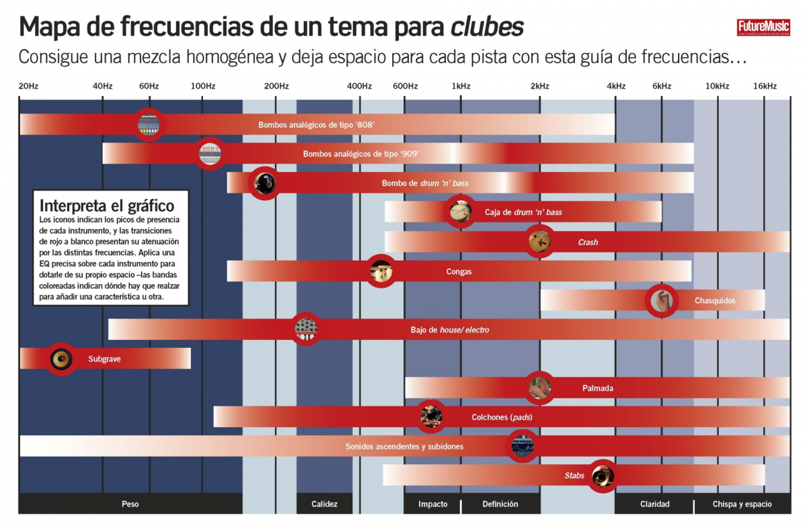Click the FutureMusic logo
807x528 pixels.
[762, 28]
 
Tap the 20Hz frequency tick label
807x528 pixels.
[28, 86]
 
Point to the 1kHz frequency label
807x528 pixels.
[461, 86]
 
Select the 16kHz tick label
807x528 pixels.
[765, 86]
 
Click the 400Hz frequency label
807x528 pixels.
[359, 86]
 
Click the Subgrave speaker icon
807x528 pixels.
[61, 359]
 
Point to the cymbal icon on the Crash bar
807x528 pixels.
[539, 242]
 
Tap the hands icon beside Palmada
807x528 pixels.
[539, 388]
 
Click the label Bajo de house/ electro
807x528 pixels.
[450, 330]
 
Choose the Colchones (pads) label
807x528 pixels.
[502, 417]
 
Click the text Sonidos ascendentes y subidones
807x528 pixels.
[404, 446]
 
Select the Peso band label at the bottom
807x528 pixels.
[130, 504]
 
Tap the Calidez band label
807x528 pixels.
[324, 504]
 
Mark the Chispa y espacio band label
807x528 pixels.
[743, 504]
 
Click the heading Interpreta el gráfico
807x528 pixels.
[107, 206]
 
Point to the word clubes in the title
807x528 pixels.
[487, 28]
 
